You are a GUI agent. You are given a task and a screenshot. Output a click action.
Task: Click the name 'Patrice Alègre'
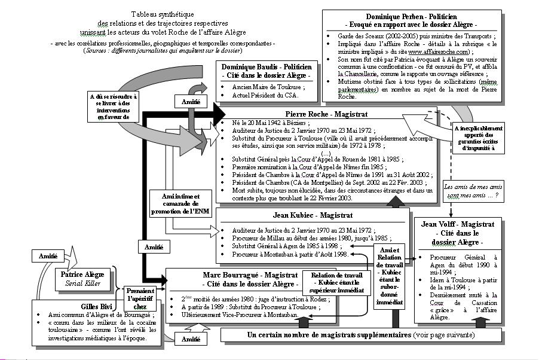(82, 274)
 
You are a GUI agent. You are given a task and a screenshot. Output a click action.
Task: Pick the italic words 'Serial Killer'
(82, 283)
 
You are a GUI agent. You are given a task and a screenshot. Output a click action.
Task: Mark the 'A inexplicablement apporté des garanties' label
(478, 139)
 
